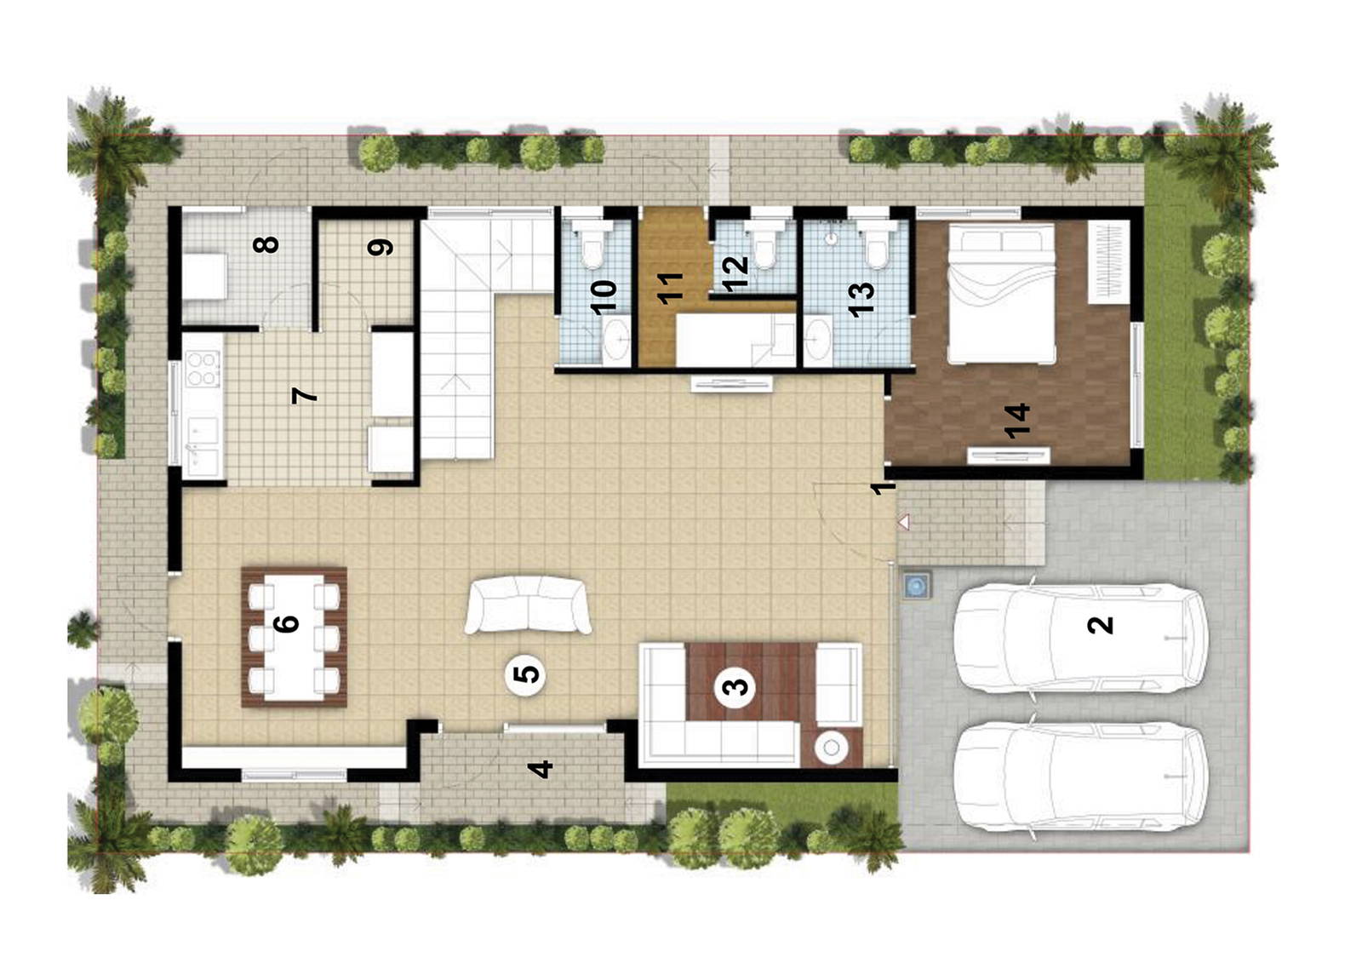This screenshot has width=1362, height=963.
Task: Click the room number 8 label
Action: (x=266, y=244)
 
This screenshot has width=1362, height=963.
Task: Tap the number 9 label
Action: (x=380, y=247)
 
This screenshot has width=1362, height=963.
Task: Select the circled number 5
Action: (x=527, y=674)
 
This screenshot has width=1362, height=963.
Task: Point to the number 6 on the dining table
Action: (x=287, y=623)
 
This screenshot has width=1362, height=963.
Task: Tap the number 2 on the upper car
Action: (x=1100, y=625)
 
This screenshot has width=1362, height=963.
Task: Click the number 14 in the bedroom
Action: (x=1016, y=421)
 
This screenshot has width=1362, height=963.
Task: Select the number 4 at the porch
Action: (x=540, y=769)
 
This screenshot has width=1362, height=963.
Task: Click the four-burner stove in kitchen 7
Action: (x=203, y=369)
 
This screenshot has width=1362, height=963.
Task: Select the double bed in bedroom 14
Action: (x=1001, y=293)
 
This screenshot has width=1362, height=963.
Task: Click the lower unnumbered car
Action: (x=1079, y=776)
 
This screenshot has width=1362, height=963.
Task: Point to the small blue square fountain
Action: (x=916, y=585)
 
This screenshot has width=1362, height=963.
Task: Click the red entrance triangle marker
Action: (x=904, y=521)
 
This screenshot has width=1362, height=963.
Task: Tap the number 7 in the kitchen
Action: (x=303, y=395)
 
